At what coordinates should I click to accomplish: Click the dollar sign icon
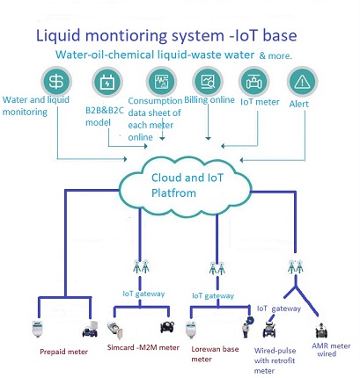(x=56, y=82)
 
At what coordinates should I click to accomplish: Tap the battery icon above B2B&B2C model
(x=107, y=83)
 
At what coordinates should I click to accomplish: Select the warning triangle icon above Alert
(x=302, y=82)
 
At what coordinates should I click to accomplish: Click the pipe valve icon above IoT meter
(x=254, y=82)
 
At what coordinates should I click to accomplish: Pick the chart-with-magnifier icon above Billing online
(x=208, y=82)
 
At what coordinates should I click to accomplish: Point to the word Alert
(x=299, y=104)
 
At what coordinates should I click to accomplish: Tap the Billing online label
(x=209, y=100)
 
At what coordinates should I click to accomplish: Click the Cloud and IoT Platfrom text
(x=187, y=185)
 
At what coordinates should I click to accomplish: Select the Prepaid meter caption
(x=63, y=352)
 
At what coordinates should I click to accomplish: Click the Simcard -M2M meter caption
(x=143, y=347)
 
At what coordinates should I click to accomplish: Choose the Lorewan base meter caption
(x=215, y=354)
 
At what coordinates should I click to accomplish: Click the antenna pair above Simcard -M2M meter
(x=141, y=266)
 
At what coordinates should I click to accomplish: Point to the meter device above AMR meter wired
(x=321, y=331)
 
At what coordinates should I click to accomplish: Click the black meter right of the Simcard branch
(x=167, y=327)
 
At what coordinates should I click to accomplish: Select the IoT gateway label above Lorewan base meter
(x=213, y=295)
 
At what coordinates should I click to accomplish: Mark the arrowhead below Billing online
(x=208, y=138)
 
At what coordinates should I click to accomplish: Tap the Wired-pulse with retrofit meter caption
(x=275, y=360)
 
